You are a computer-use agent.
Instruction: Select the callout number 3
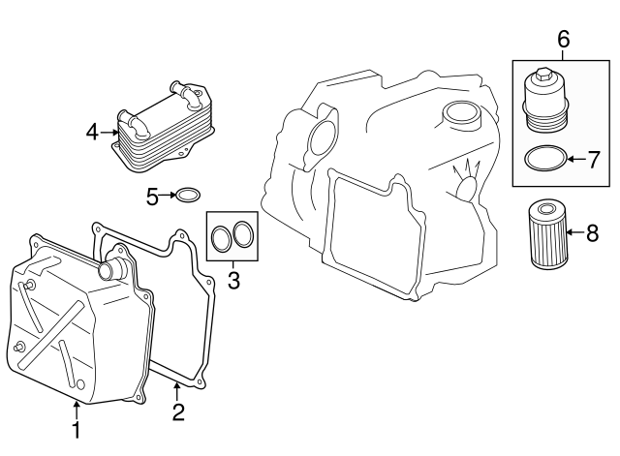232,281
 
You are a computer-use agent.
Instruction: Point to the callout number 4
92,132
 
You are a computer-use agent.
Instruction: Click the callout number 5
152,197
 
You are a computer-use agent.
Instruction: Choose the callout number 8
594,231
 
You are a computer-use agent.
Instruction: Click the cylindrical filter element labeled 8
546,233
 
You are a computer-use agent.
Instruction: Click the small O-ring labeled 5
189,197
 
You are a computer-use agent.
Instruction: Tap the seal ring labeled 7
547,157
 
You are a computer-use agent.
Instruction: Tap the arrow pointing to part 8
574,231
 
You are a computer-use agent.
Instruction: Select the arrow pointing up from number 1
77,410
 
